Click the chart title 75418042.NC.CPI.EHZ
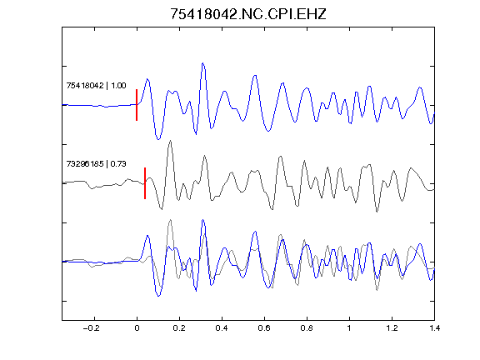(x=248, y=14)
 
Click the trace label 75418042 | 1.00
(x=96, y=85)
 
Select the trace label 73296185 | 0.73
(x=96, y=164)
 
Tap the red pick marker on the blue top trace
(x=137, y=105)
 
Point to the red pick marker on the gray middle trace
(x=145, y=183)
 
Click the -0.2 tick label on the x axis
(x=91, y=328)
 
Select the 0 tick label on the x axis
(x=137, y=328)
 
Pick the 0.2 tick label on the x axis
(x=179, y=328)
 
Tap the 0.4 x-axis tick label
(x=222, y=328)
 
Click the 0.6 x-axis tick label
(x=264, y=328)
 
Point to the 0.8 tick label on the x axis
(x=307, y=328)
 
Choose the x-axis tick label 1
(x=349, y=328)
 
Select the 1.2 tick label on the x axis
(x=392, y=328)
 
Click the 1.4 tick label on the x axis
(x=434, y=328)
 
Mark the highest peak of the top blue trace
(x=202, y=63)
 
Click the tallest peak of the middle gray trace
(x=170, y=141)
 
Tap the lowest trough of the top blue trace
(x=158, y=140)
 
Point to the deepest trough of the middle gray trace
(x=377, y=212)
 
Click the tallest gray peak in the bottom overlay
(x=170, y=220)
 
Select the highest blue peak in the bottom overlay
(x=202, y=220)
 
